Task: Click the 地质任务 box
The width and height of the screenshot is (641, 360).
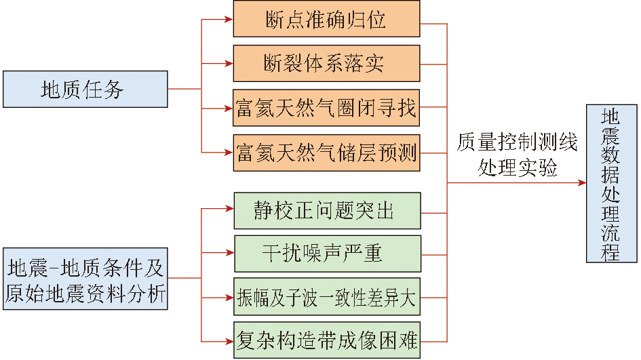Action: point(85,89)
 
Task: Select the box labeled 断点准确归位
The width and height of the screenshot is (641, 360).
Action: point(326,19)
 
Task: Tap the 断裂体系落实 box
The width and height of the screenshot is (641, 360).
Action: point(326,63)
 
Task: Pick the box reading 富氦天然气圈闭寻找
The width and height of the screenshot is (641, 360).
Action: point(326,108)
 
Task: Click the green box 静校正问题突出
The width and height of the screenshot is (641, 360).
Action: point(326,210)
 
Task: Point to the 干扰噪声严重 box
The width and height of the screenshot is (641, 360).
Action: point(327,254)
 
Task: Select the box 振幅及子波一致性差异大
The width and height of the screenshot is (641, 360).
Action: point(326,297)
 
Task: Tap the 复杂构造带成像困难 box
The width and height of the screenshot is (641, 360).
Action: point(326,340)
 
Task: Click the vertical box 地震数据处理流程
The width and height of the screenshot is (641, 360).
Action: point(612,183)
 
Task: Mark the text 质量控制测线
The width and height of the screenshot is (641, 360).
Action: point(517,144)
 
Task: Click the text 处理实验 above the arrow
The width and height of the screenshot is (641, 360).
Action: point(517,167)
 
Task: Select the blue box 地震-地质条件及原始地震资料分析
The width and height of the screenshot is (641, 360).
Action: point(85,279)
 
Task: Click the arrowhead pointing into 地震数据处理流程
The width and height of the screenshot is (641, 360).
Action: point(583,183)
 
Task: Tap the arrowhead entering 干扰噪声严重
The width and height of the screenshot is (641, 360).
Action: point(230,254)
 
